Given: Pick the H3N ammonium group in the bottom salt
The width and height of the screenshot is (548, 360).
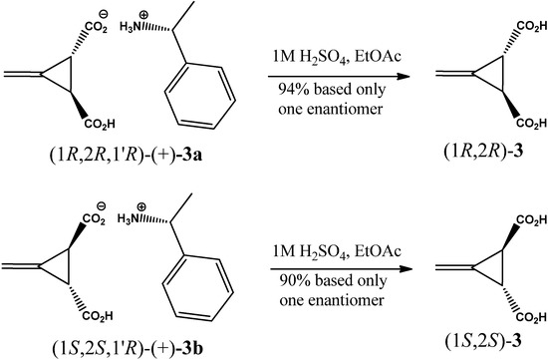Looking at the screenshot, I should click(x=144, y=227).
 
